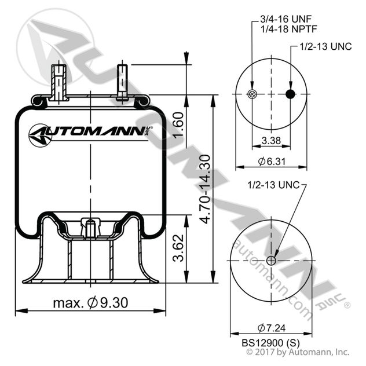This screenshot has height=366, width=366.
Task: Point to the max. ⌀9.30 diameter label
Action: click(x=90, y=302)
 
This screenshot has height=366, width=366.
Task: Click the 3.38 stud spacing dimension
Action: click(x=271, y=140)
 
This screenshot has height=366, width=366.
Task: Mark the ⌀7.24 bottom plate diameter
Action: click(x=271, y=325)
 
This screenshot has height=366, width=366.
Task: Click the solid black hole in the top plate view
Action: click(x=291, y=94)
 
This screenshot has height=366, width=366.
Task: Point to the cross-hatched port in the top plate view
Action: click(x=251, y=94)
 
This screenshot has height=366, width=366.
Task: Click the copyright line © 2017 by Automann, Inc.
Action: click(x=298, y=352)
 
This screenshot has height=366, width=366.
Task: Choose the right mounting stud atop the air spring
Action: click(x=122, y=81)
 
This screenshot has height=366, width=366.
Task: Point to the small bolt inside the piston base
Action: click(x=89, y=227)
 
